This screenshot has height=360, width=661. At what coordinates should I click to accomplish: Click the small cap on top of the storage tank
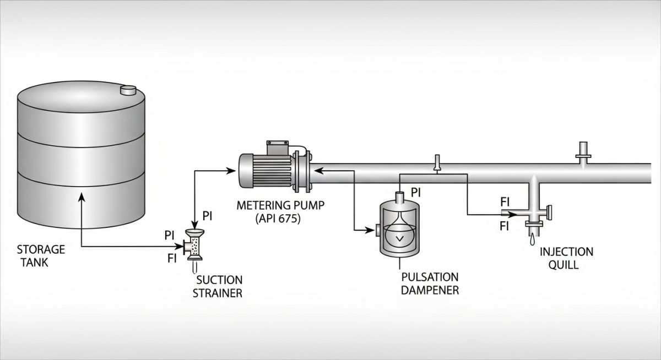128,90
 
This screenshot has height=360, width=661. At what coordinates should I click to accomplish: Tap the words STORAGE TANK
40,255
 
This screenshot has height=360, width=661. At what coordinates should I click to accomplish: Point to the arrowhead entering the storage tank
82,197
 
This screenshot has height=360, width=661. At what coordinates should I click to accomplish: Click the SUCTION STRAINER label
217,286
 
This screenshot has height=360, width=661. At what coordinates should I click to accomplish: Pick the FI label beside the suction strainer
172,259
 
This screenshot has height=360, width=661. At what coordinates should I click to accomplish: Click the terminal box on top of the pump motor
278,148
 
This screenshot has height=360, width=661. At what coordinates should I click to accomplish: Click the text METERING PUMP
280,206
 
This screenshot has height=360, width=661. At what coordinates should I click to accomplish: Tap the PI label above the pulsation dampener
416,193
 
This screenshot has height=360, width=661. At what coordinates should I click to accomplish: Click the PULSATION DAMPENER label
430,283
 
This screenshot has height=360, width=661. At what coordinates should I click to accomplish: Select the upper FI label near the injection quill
505,201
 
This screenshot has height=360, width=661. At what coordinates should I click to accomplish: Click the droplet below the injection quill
532,240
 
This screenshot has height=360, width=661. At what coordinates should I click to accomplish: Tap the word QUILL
566,264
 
